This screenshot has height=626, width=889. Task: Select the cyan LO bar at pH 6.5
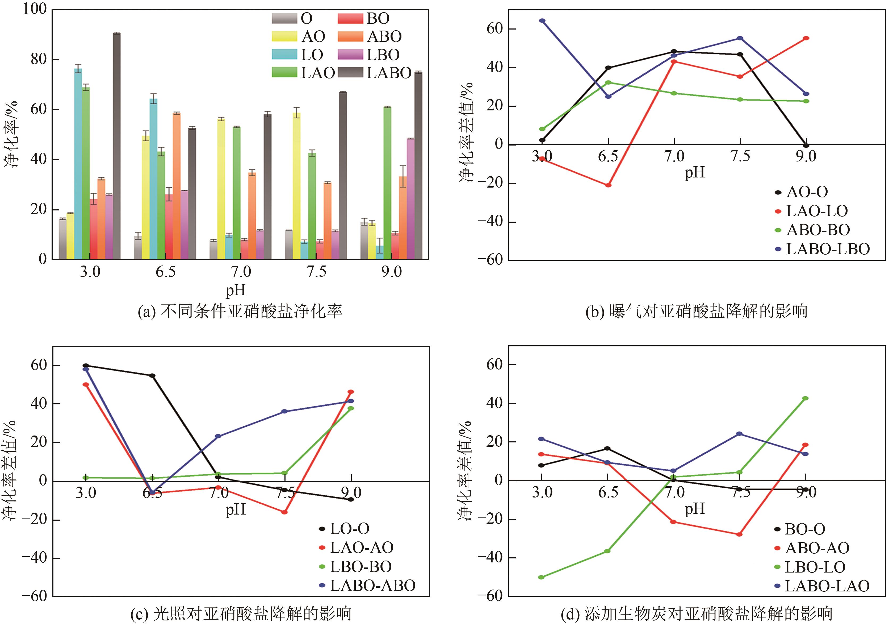point(153,179)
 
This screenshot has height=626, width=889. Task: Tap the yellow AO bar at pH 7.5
point(297,186)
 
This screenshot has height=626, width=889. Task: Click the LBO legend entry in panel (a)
point(383,55)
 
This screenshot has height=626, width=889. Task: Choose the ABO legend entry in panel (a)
point(384,36)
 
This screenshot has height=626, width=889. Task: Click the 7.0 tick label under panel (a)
point(241,272)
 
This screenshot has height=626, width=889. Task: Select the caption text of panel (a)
point(240,311)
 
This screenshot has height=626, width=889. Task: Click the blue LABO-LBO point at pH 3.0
point(542,20)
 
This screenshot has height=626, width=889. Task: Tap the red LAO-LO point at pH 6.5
point(608,185)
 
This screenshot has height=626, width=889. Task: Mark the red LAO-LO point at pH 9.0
point(806,38)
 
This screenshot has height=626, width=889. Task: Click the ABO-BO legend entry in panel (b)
point(818,230)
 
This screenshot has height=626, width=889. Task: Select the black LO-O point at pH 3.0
point(86,365)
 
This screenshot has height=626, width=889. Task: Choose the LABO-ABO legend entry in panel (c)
point(372,585)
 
